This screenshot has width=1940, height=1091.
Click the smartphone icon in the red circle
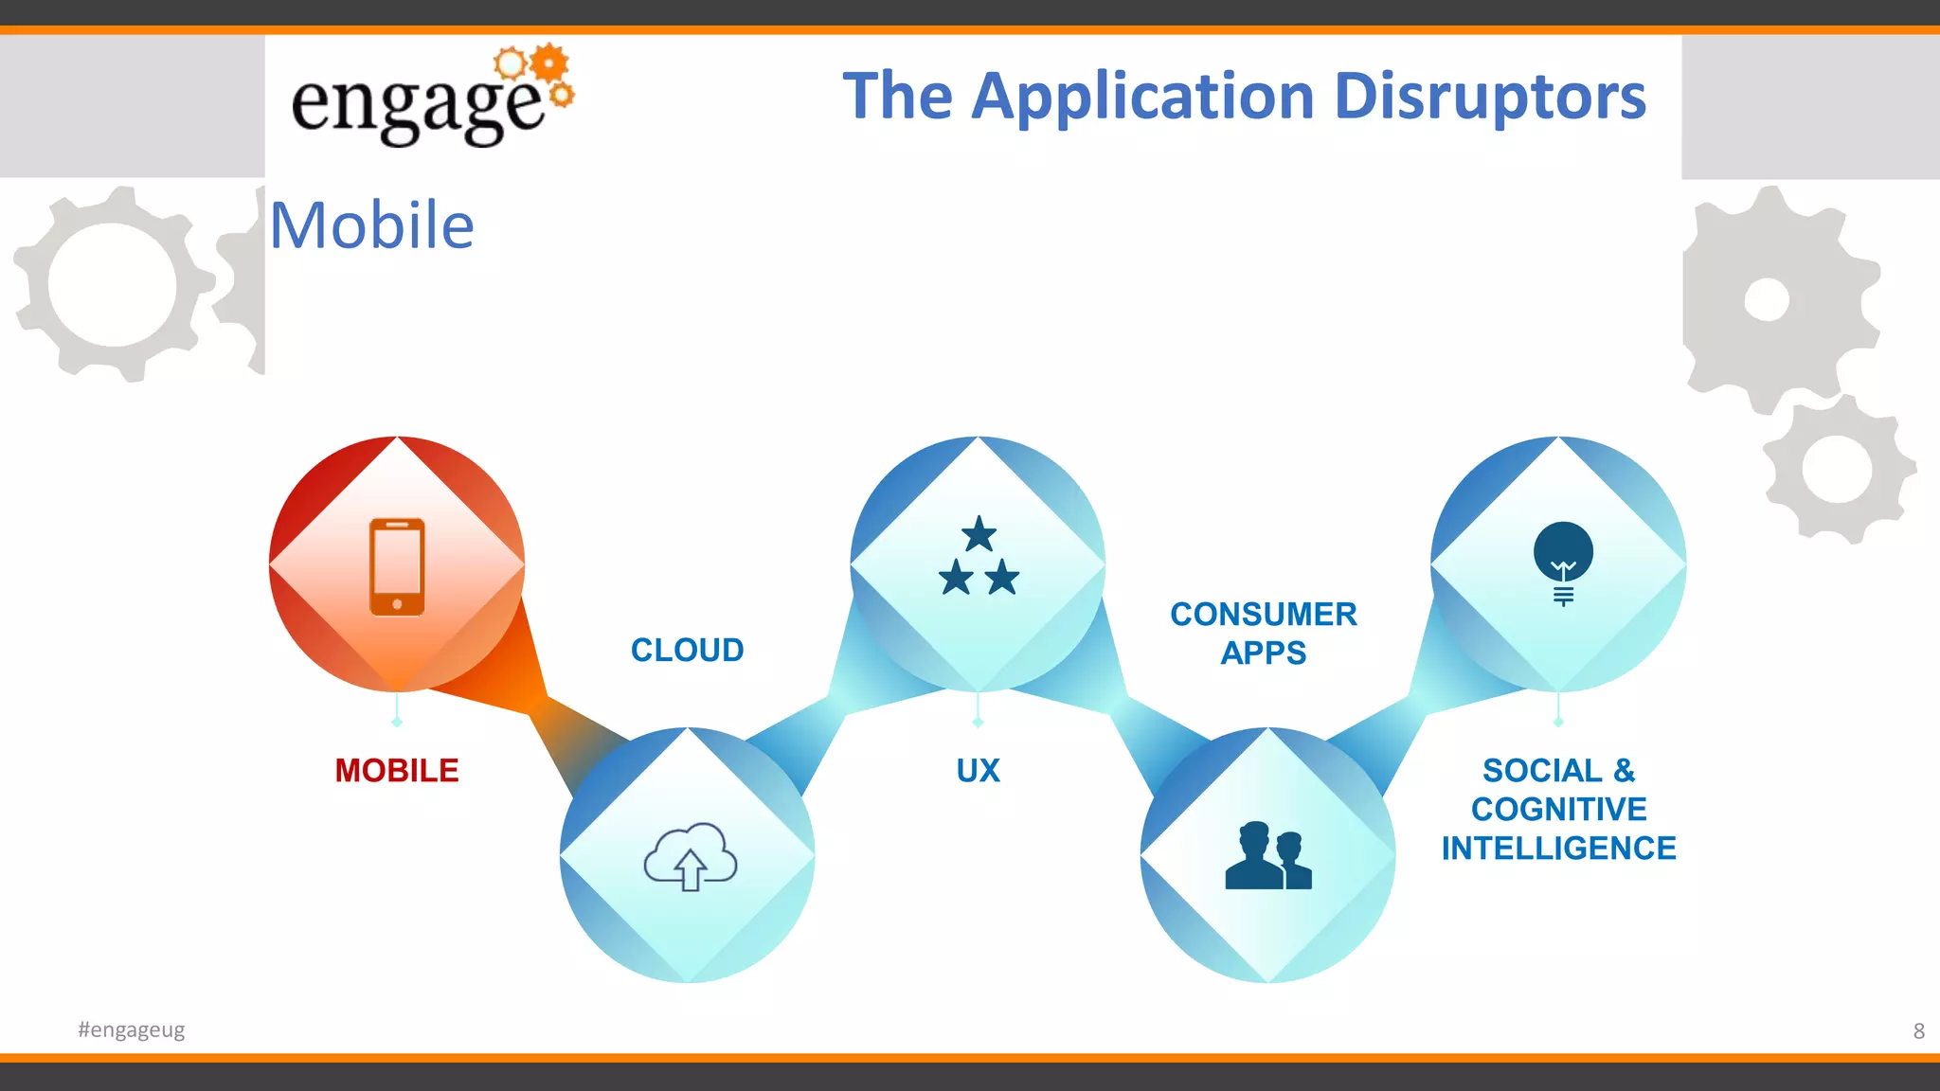[x=397, y=566]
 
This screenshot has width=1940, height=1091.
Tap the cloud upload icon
[x=691, y=856]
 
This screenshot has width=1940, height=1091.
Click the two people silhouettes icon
[x=1267, y=856]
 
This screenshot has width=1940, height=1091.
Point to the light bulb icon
[x=1563, y=562]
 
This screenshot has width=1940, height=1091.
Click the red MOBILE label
[x=397, y=771]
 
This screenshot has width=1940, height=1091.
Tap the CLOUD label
[x=688, y=651]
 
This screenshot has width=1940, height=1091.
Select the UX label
[x=978, y=771]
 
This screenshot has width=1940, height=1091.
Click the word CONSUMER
[x=1264, y=615]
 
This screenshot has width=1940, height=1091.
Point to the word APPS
[x=1264, y=653]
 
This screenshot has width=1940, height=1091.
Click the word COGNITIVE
[x=1558, y=810]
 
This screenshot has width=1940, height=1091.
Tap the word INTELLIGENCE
[x=1558, y=849]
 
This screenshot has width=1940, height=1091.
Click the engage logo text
[x=417, y=106]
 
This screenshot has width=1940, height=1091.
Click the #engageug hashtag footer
[x=131, y=1029]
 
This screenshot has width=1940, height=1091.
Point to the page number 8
[x=1918, y=1030]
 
